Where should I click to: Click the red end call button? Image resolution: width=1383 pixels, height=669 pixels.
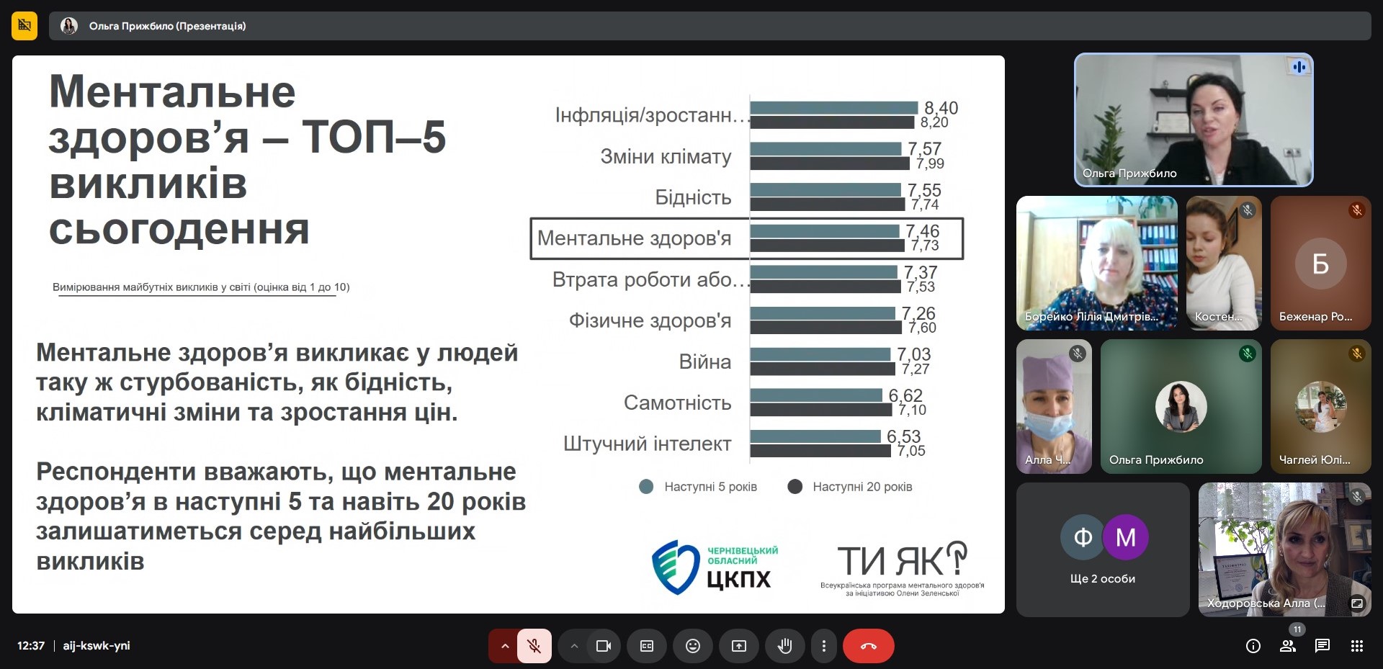pyautogui.click(x=869, y=646)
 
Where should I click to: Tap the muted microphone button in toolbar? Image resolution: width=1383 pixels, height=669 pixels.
pyautogui.click(x=534, y=646)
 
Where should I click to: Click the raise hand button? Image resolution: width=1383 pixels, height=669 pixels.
pyautogui.click(x=784, y=646)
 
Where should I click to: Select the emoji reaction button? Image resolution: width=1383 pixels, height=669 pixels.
pyautogui.click(x=692, y=646)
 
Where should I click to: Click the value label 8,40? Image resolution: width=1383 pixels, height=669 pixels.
pyautogui.click(x=941, y=108)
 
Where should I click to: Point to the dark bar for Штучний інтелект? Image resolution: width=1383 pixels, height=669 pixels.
pyautogui.click(x=820, y=451)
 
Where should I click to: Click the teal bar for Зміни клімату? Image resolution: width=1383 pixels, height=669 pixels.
pyautogui.click(x=825, y=148)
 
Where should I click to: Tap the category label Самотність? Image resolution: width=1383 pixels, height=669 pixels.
pyautogui.click(x=677, y=403)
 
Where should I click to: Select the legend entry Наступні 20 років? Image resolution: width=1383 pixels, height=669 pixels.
pyautogui.click(x=851, y=487)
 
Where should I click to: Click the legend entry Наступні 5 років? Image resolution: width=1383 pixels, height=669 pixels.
pyautogui.click(x=698, y=487)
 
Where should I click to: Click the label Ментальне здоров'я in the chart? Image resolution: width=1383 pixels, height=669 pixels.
pyautogui.click(x=634, y=238)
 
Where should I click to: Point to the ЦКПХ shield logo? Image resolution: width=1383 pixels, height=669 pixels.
pyautogui.click(x=675, y=567)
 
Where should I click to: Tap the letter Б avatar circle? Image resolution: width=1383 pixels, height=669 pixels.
pyautogui.click(x=1320, y=264)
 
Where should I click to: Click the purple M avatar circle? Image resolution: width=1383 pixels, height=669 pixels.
pyautogui.click(x=1126, y=537)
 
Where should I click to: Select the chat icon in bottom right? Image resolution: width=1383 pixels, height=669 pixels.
pyautogui.click(x=1322, y=646)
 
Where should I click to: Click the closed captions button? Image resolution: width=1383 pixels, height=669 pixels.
pyautogui.click(x=646, y=646)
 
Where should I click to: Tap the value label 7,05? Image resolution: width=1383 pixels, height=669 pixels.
pyautogui.click(x=911, y=452)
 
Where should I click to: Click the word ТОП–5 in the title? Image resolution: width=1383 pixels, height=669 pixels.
pyautogui.click(x=374, y=137)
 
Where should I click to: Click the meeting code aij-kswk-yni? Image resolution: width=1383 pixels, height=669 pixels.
pyautogui.click(x=97, y=646)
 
